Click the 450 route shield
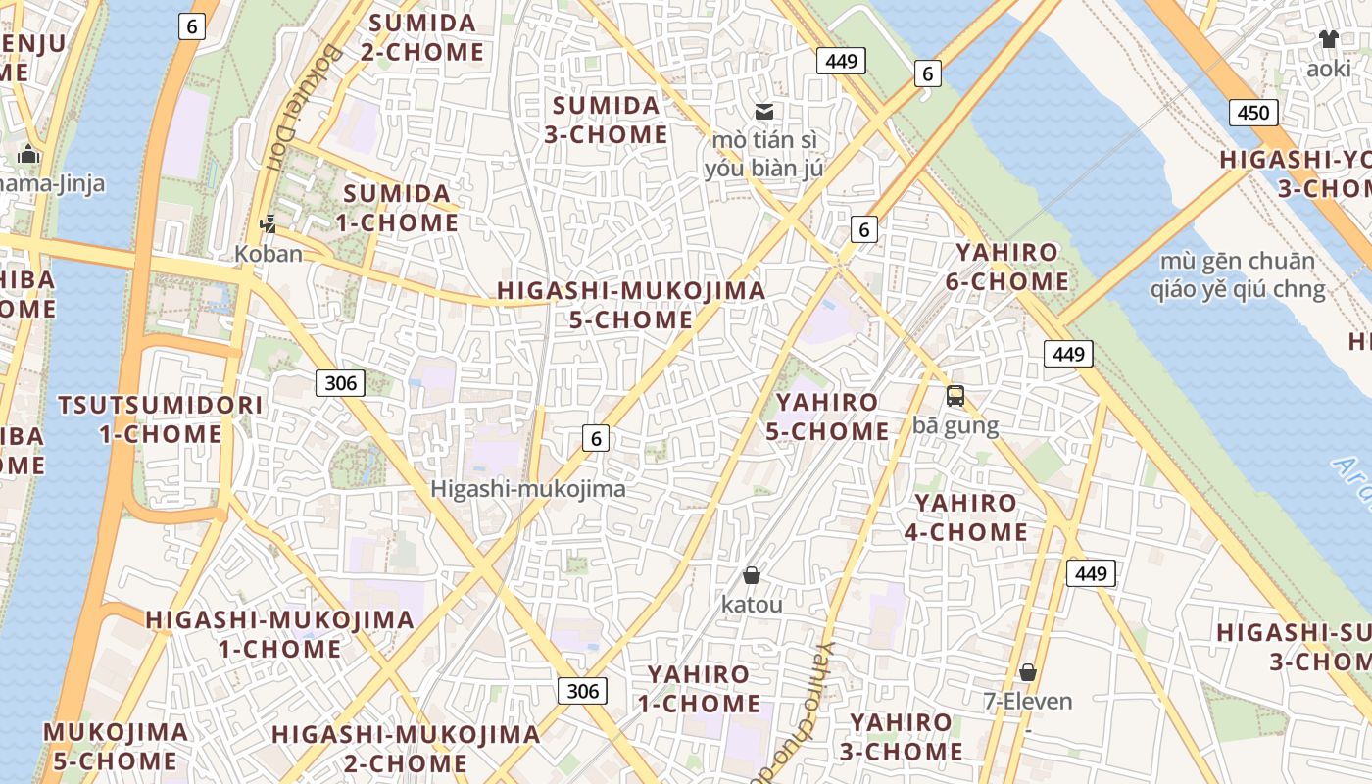point(1253,112)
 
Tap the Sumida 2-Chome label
point(422,37)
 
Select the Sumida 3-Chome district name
point(607,120)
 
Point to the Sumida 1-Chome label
point(397,208)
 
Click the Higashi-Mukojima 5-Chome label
point(631,305)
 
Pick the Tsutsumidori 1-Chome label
point(161,419)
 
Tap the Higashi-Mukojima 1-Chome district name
point(279,634)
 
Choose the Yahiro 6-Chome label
point(1007,267)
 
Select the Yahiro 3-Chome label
point(901,737)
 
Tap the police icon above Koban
point(268,224)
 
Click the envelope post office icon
point(763,111)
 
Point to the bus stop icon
point(955,396)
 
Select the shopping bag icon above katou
point(752,575)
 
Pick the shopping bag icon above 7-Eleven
point(1028,672)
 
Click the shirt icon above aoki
point(1328,39)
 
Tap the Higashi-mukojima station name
point(527,488)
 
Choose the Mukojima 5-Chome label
point(116,746)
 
